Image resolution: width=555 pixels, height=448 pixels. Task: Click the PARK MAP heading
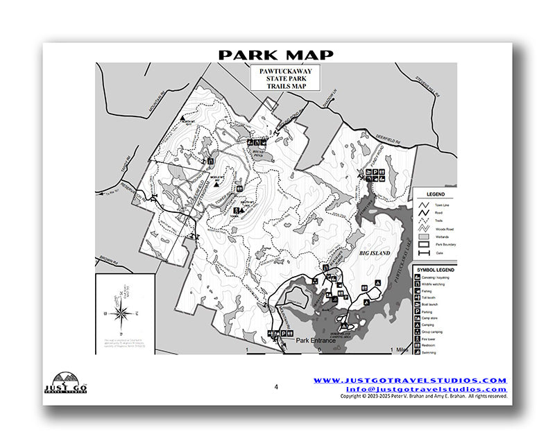point(276,55)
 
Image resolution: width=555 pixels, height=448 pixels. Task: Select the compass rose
point(121,312)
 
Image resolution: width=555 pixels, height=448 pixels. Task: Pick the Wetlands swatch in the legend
point(422,236)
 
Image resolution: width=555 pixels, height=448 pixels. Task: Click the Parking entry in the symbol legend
point(437,312)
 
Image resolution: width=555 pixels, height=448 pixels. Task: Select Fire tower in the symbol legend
point(437,339)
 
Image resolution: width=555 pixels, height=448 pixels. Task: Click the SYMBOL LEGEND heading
point(436,269)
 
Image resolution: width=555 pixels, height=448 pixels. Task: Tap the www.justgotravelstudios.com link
point(410,381)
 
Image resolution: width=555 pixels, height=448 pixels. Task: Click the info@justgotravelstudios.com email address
point(410,389)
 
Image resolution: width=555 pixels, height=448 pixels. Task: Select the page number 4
point(275,387)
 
